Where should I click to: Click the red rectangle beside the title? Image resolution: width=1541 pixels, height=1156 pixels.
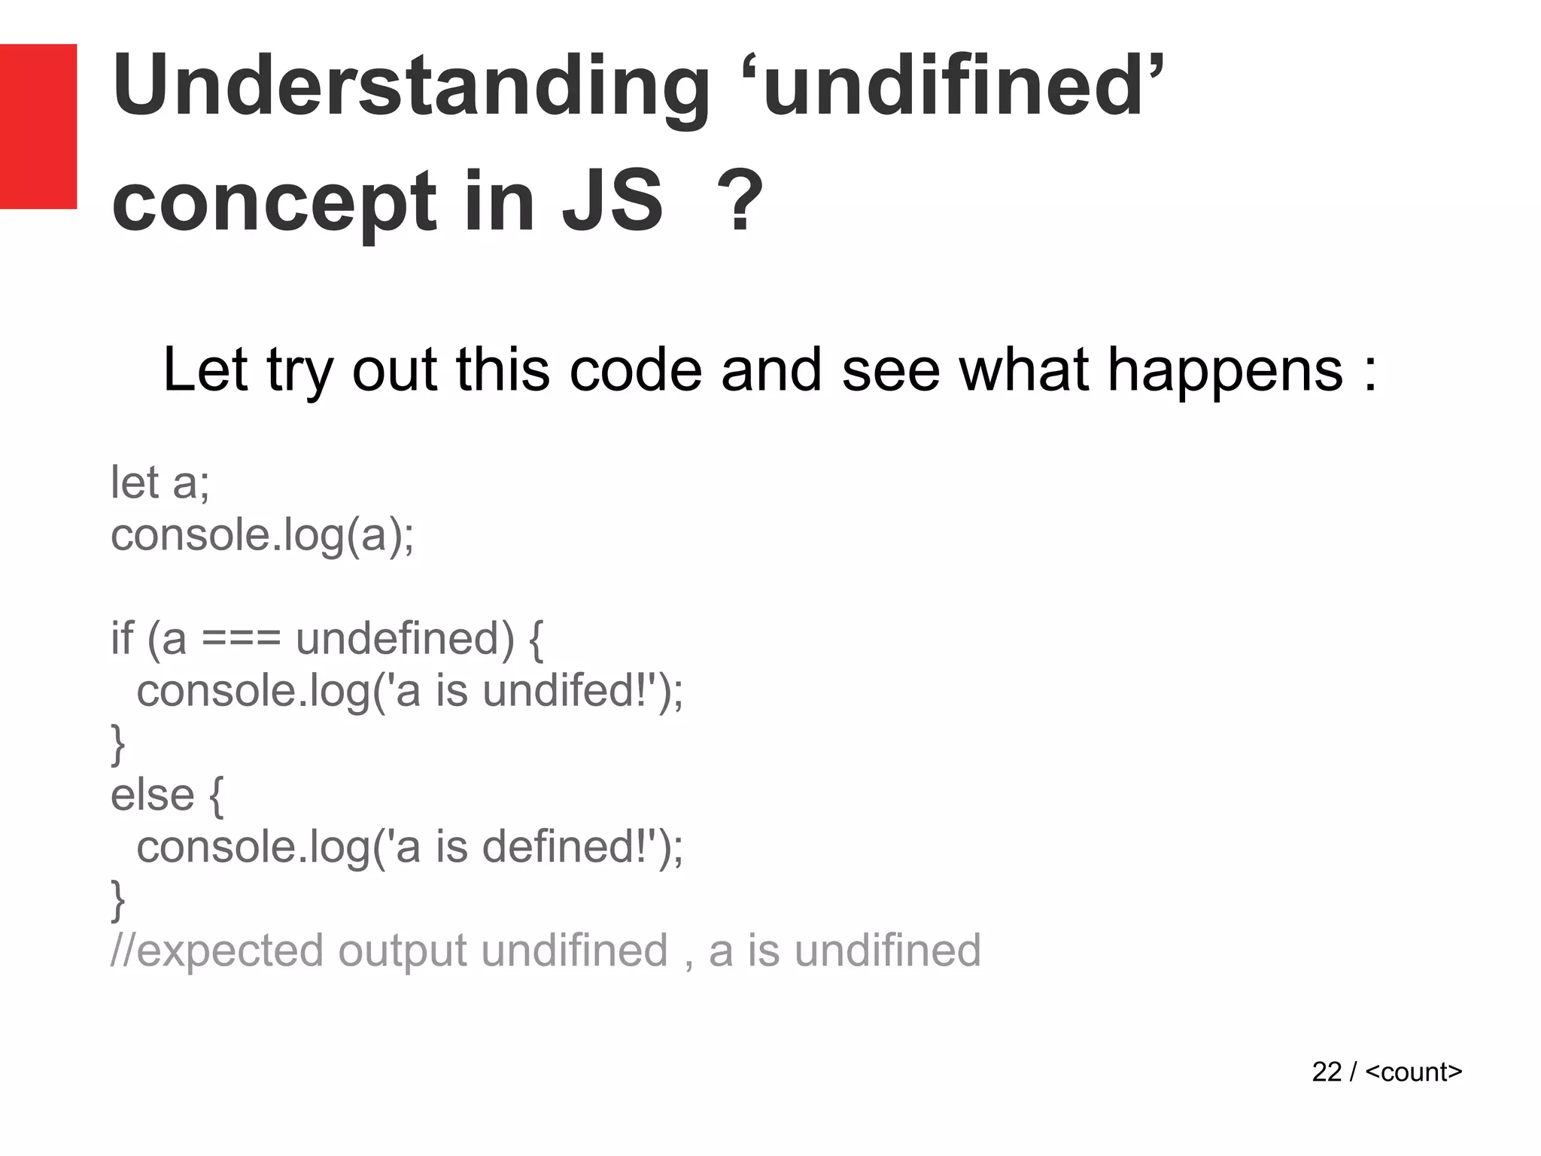(x=38, y=126)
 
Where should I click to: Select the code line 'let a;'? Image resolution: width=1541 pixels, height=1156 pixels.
(x=160, y=482)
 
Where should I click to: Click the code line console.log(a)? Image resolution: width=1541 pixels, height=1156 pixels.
(x=262, y=536)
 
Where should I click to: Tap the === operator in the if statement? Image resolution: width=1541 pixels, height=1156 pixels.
(x=241, y=639)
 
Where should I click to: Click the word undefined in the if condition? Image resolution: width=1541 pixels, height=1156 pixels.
(x=405, y=639)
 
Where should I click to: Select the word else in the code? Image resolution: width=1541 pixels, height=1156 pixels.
(x=153, y=795)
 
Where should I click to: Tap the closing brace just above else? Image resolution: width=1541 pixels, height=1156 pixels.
(x=118, y=744)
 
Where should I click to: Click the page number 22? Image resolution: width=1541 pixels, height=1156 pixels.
(x=1327, y=1072)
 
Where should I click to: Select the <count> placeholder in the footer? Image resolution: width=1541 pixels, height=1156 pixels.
(x=1413, y=1072)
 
